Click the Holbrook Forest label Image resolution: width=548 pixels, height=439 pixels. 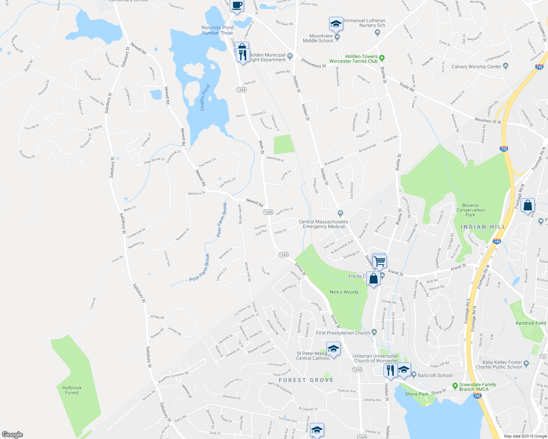pos(72,390)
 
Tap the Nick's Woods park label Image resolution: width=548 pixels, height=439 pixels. pos(344,292)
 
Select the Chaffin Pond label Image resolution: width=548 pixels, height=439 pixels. pos(205,98)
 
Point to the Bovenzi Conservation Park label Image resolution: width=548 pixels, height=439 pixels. pos(470,210)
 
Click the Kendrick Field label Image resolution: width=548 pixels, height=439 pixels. pos(530,323)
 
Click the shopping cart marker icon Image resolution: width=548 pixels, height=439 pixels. pos(380,261)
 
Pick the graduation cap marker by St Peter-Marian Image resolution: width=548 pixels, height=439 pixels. pos(333,349)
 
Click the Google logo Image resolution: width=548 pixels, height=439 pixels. pos(12,434)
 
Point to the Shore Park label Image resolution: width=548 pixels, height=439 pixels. pos(416,394)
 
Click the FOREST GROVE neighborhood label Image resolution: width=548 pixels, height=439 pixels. pos(306,380)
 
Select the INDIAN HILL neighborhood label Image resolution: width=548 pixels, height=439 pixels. pos(483,227)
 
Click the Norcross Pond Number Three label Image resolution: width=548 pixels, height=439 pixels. pos(217,30)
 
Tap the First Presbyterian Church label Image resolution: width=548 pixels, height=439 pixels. pos(343,333)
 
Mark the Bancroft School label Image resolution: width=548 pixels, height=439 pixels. pos(435,375)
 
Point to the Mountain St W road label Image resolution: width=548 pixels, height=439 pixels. pos(488,120)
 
